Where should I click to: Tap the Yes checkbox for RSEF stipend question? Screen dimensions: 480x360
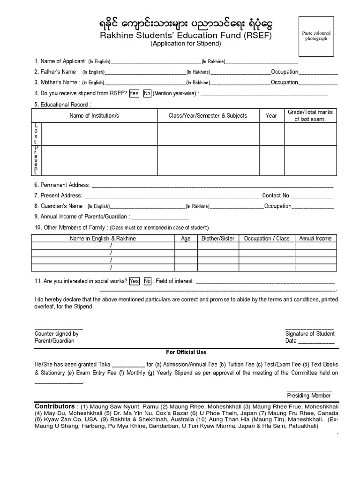pos(134,93)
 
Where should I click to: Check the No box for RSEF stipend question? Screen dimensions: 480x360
pos(147,93)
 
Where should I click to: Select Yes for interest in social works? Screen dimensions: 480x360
pos(134,281)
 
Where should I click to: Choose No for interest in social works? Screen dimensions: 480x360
pos(147,281)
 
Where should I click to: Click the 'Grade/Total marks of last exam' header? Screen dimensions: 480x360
pos(310,116)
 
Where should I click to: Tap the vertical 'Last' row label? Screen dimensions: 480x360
pos(36,134)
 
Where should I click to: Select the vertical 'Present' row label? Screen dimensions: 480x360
pos(36,159)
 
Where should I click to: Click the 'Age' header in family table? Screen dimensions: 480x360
pos(186,239)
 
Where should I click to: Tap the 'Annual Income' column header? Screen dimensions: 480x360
pos(315,239)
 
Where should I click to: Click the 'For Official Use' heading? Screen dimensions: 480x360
pos(186,352)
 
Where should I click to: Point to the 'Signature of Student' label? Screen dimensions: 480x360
pos(310,334)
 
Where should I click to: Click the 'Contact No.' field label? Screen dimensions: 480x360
pos(276,195)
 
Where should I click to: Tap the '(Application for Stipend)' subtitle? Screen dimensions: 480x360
pos(185,44)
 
